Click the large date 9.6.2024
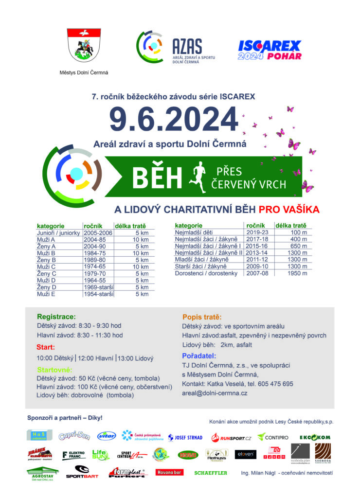tap(173, 120)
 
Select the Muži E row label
tap(46, 294)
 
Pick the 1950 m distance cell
tap(297, 273)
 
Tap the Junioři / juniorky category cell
tap(58, 233)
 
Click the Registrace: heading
tap(56, 316)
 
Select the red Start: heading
tap(46, 347)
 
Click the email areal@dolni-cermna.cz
tap(215, 393)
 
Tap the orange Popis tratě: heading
tap(202, 317)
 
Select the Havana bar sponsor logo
tap(169, 472)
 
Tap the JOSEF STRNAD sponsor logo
tap(185, 437)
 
